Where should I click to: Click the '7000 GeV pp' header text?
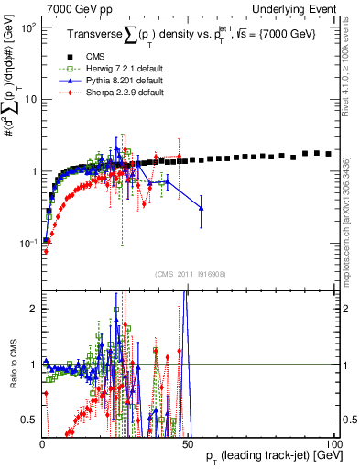[72, 8]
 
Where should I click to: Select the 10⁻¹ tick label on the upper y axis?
[28, 243]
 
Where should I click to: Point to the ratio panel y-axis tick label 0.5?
[30, 420]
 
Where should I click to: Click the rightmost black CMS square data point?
[329, 154]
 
